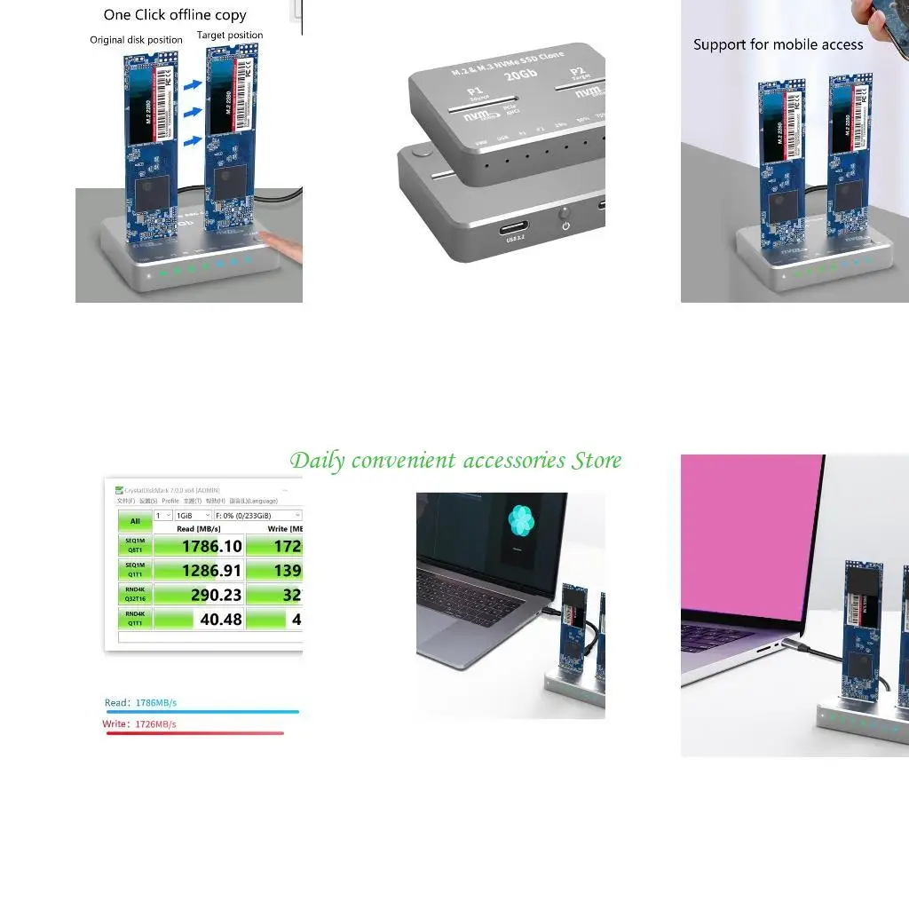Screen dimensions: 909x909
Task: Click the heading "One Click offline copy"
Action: (175, 15)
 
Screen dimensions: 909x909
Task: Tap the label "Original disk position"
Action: (136, 40)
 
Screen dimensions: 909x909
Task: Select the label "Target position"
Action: (230, 36)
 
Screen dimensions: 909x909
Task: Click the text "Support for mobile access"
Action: (778, 44)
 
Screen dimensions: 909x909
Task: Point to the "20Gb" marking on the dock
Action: (520, 76)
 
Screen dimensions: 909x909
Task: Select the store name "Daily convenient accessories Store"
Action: (455, 461)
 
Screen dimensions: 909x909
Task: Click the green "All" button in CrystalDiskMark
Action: (135, 522)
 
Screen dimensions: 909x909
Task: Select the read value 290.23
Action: (216, 595)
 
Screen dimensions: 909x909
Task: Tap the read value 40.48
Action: (220, 619)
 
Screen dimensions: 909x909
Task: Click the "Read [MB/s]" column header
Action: (198, 529)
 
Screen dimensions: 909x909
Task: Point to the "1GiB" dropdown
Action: (193, 515)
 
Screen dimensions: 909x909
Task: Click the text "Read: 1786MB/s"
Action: (140, 703)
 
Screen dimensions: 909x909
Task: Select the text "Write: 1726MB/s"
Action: (139, 724)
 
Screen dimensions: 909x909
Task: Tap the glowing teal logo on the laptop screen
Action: (520, 521)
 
